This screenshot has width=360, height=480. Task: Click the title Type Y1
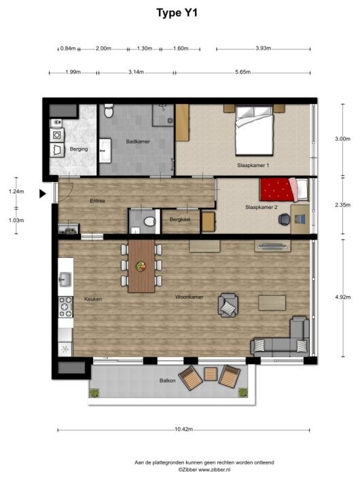coord(179,12)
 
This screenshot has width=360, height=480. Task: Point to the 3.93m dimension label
coord(263,49)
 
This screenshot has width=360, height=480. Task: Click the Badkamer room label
coord(138,142)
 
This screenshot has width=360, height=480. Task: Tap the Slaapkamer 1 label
coord(253,166)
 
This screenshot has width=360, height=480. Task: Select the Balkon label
coord(168,382)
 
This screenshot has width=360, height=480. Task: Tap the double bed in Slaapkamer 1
coord(255,132)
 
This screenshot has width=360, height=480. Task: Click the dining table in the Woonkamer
coord(141,265)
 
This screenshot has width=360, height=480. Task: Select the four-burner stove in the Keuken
coord(65,308)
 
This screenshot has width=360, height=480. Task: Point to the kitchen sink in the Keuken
coord(65,278)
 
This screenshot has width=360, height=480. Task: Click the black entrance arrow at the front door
coord(42,193)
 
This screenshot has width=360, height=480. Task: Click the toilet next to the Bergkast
coord(149,221)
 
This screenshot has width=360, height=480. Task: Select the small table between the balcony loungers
coord(211,375)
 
